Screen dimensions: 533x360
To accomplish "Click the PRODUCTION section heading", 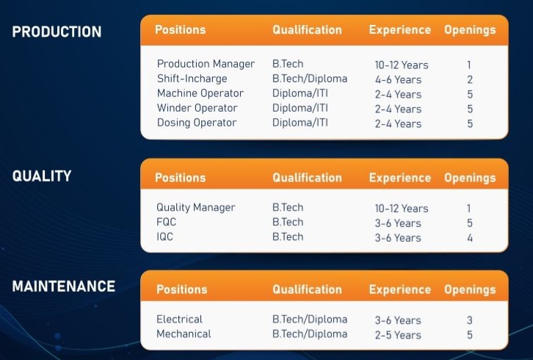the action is pos(57,32).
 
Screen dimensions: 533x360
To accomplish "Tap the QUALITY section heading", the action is pos(42,176).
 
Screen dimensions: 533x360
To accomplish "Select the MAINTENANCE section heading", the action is pos(64,286).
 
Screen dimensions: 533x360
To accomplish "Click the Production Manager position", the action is pos(206,64).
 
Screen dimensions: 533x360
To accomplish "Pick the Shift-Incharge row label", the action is pos(192,79).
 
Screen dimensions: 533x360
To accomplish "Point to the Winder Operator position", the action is pos(197,108).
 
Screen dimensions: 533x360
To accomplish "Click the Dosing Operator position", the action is pos(197,123).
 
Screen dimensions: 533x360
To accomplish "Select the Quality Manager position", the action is pos(196,208).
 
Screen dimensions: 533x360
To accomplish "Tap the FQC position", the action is pos(166,222).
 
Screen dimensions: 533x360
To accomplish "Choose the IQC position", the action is pos(165,237).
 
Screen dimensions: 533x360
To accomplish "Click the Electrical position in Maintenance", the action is pos(179,319).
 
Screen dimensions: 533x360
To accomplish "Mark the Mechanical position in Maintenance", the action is pos(184,334).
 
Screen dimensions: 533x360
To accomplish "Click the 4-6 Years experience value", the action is pos(398,79).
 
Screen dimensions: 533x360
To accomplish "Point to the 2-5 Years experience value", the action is pos(398,335).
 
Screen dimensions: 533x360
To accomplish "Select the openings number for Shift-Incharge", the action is pos(470,79).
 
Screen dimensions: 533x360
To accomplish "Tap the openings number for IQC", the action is pos(470,238).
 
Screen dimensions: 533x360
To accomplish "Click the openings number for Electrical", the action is pos(470,320).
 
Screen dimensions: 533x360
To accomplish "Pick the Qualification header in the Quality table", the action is pos(307,178).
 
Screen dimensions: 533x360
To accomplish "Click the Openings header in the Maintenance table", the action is pos(470,290).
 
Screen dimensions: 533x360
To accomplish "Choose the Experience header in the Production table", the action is pos(400,30).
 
